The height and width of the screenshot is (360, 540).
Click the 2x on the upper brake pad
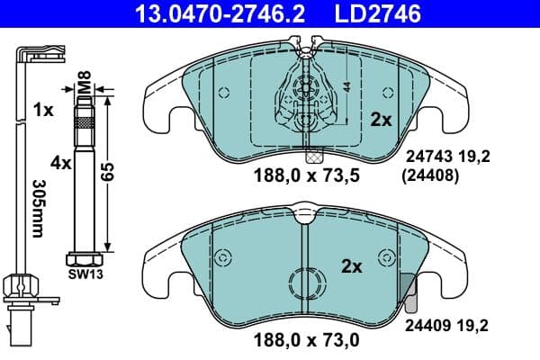point(381,118)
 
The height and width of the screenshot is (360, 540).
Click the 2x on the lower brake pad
point(351,265)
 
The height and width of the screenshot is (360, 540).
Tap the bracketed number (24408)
point(431,176)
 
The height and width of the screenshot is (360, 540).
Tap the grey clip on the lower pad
point(406,288)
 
